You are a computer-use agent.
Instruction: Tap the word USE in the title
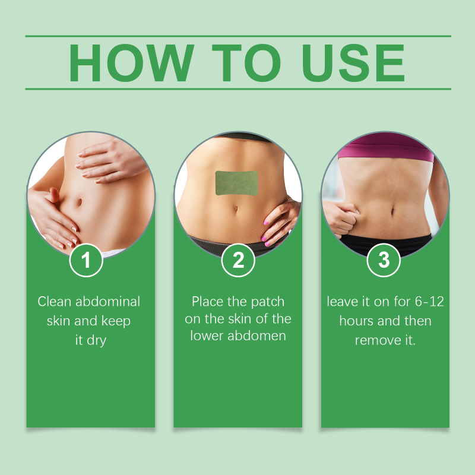(x=353, y=63)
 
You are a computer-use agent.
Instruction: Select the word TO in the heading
(x=246, y=63)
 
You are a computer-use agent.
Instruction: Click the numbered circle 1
(x=86, y=260)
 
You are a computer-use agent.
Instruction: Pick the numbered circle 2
(x=238, y=260)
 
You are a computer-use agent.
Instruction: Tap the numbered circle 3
(x=384, y=260)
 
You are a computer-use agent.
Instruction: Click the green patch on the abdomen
(x=236, y=183)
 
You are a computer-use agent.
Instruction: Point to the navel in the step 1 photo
(x=79, y=202)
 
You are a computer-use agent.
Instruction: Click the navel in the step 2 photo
(x=236, y=209)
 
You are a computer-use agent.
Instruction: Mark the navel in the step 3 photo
(x=392, y=211)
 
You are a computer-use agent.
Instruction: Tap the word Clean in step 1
(x=55, y=302)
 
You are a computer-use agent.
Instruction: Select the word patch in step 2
(x=268, y=302)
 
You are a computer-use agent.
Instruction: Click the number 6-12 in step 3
(x=429, y=302)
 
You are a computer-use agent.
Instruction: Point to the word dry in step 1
(x=97, y=341)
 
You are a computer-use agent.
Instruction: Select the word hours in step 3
(x=356, y=321)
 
